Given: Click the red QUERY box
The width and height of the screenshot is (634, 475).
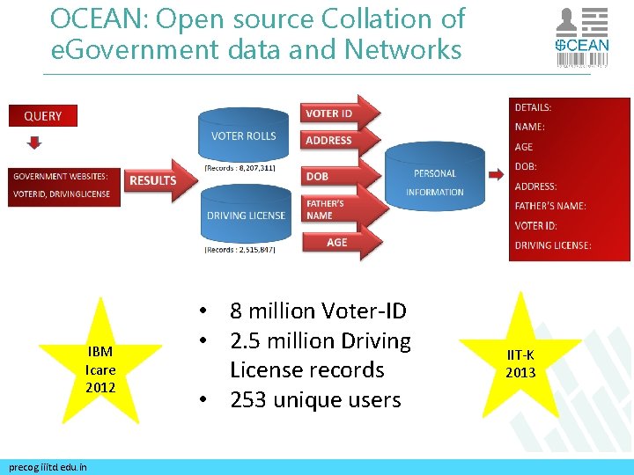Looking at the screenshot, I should click(x=42, y=116).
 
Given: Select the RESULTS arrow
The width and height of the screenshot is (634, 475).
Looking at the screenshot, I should click(x=156, y=180).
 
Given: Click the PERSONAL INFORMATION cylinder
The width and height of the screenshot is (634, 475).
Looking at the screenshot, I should click(x=435, y=182).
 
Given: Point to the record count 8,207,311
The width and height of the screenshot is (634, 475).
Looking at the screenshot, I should click(x=240, y=166).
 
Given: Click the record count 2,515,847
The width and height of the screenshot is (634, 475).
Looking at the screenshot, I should click(x=240, y=250).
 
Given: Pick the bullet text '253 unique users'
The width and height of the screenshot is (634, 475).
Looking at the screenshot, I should click(x=315, y=400).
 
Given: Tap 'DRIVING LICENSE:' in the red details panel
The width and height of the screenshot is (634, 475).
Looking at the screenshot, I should click(x=553, y=245).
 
